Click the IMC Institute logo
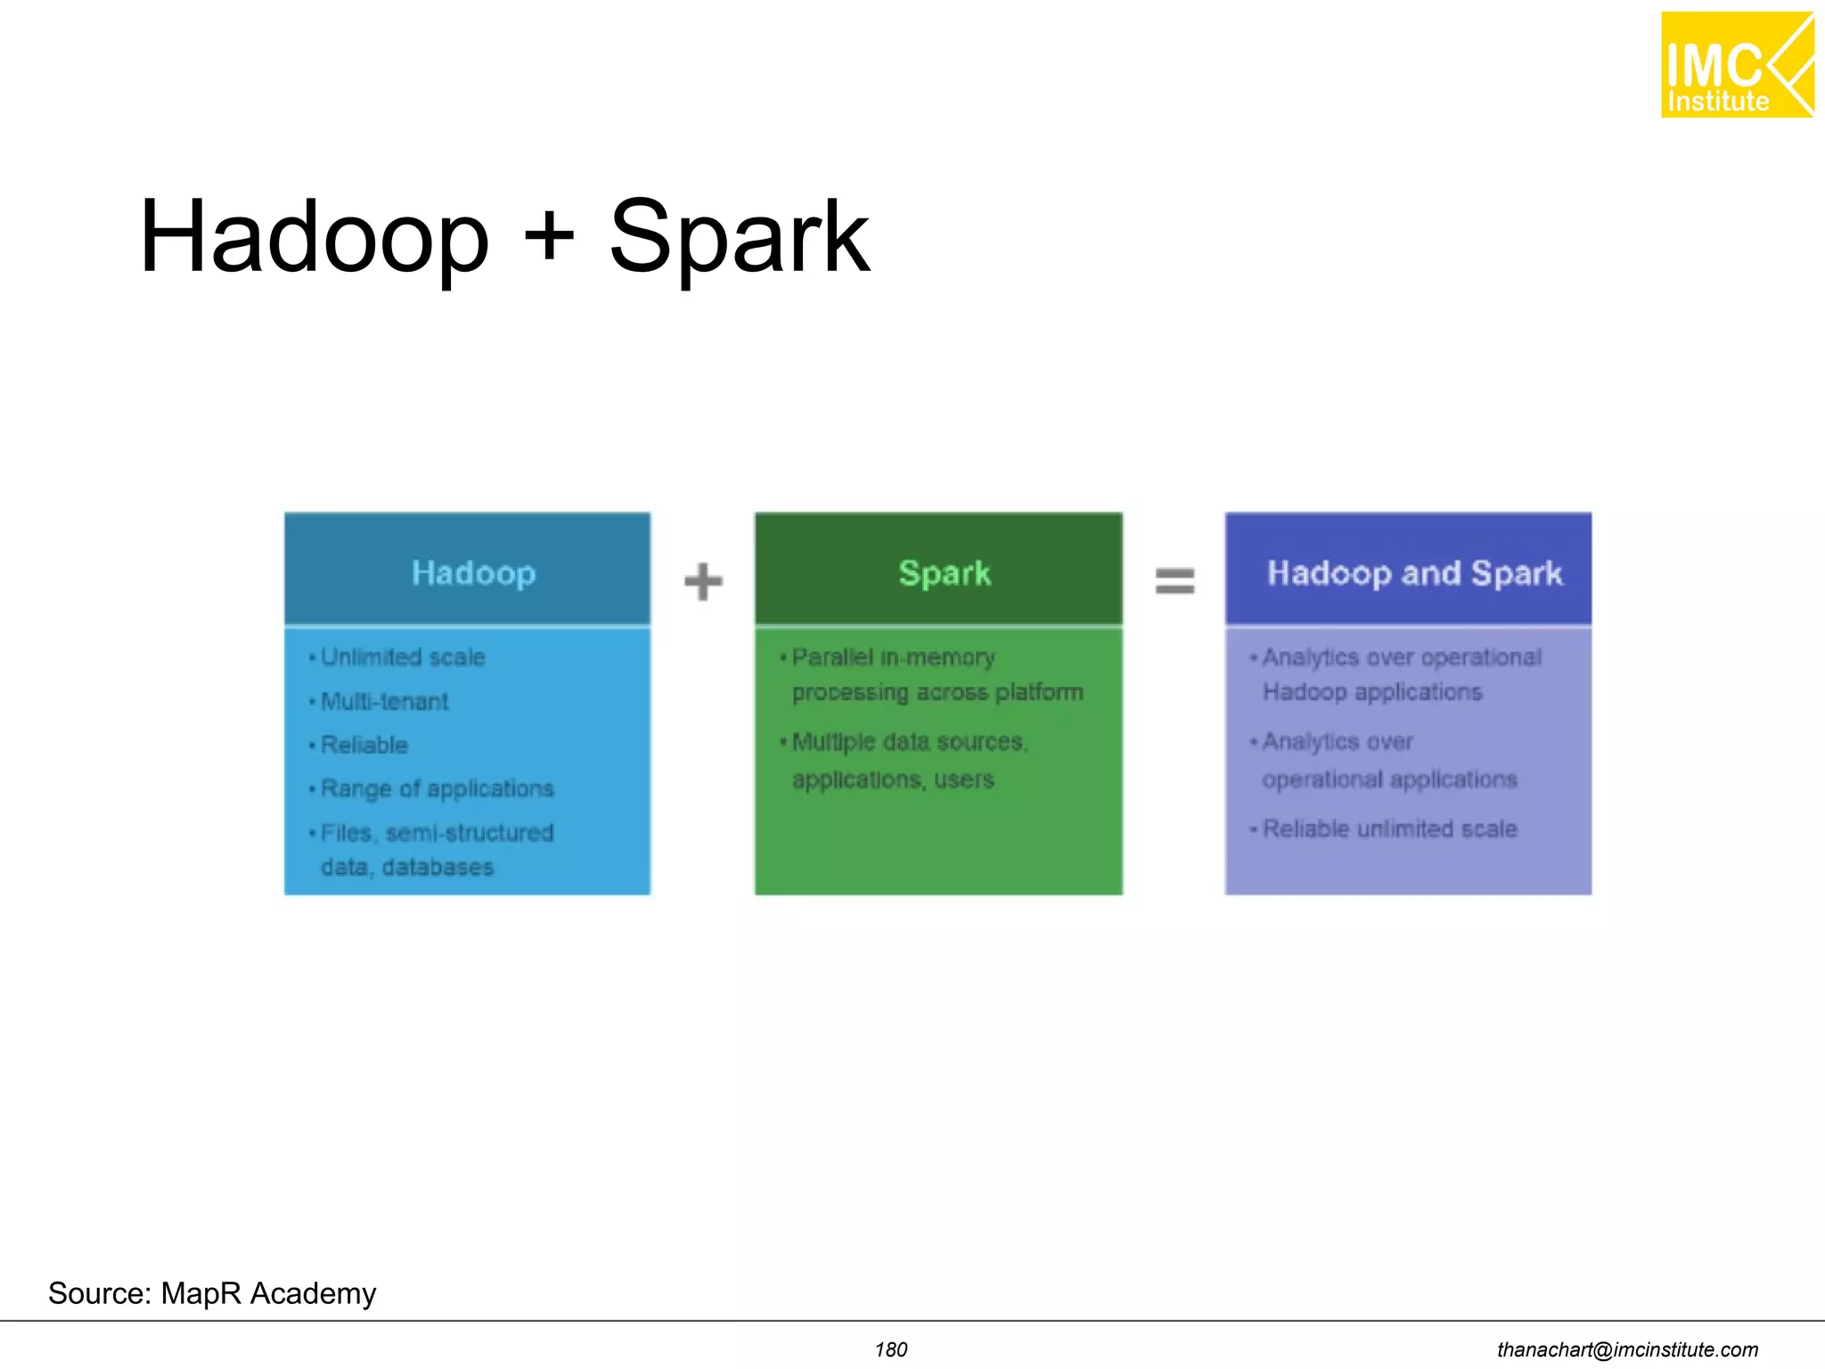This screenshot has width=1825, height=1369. tap(1736, 65)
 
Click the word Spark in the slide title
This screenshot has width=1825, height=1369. tap(739, 237)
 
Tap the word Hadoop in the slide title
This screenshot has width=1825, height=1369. tap(315, 237)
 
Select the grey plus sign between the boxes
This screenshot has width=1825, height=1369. tap(703, 581)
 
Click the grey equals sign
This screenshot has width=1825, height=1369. tap(1174, 581)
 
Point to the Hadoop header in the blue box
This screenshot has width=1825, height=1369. tap(473, 573)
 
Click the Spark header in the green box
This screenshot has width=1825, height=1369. tap(944, 573)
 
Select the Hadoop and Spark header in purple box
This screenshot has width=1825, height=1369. tap(1414, 573)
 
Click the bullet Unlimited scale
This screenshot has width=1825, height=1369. tap(402, 658)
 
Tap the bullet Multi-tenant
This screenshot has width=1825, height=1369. tap(384, 701)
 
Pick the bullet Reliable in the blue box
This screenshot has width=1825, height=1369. tap(364, 745)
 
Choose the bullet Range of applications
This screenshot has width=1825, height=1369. tap(437, 789)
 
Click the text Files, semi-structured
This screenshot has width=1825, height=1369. tap(437, 832)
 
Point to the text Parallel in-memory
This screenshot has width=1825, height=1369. tap(893, 658)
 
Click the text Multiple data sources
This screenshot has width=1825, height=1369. tap(909, 742)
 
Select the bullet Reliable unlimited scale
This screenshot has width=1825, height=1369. tap(1389, 829)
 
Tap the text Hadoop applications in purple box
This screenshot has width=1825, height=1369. tap(1371, 693)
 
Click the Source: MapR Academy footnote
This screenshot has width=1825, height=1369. tap(212, 1293)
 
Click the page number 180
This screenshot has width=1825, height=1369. tap(890, 1349)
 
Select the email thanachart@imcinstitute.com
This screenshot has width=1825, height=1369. tap(1627, 1349)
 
